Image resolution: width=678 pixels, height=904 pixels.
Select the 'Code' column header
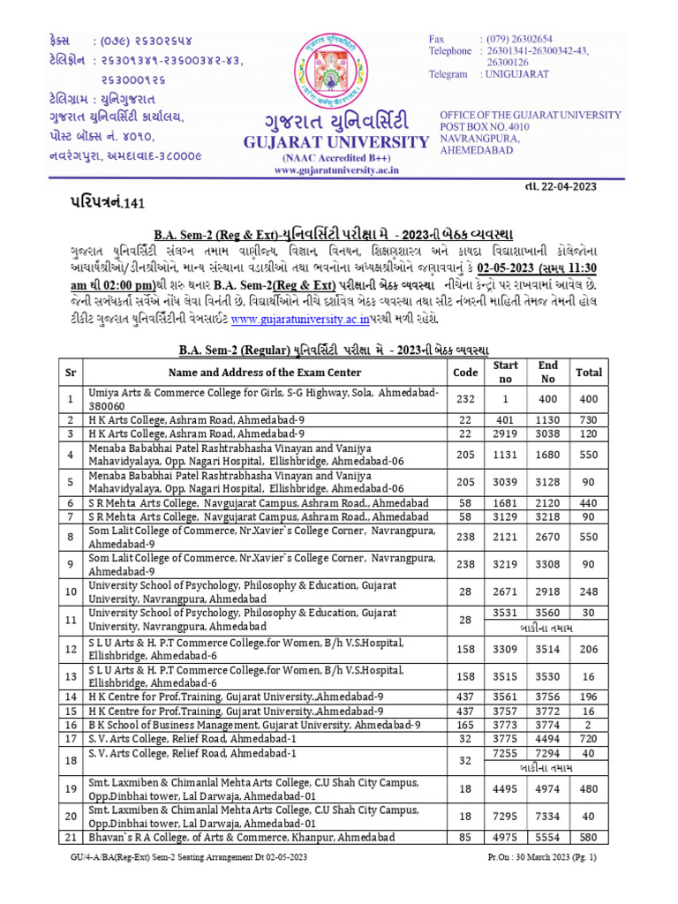(465, 373)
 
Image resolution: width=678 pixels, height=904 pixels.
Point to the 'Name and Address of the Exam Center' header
(265, 373)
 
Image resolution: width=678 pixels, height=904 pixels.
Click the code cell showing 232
(465, 399)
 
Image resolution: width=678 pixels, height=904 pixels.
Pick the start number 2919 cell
(506, 434)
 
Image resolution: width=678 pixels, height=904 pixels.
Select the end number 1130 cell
(548, 420)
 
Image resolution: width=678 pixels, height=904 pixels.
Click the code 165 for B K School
(465, 724)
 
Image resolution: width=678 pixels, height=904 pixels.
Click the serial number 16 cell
(71, 724)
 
